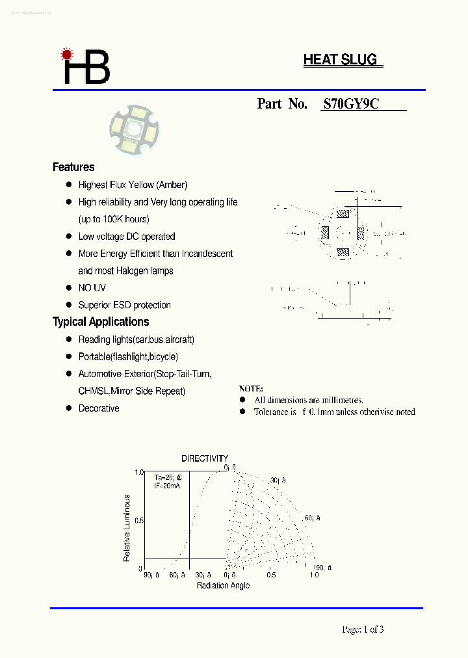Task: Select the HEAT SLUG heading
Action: pyautogui.click(x=340, y=60)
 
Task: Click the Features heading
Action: pyautogui.click(x=73, y=167)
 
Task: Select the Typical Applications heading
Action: pyautogui.click(x=101, y=322)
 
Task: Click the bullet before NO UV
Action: pyautogui.click(x=68, y=287)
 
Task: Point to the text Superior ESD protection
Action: pyautogui.click(x=125, y=305)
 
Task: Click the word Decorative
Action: pyautogui.click(x=99, y=408)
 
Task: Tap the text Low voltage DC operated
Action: pyautogui.click(x=127, y=237)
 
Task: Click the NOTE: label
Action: pyautogui.click(x=251, y=388)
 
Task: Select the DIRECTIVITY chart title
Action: pyautogui.click(x=205, y=458)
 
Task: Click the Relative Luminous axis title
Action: pyautogui.click(x=127, y=528)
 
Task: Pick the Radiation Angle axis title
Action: pyautogui.click(x=223, y=585)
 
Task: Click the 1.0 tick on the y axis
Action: pyautogui.click(x=138, y=472)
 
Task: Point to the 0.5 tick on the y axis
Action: pyautogui.click(x=138, y=521)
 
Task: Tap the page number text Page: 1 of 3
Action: pyautogui.click(x=363, y=629)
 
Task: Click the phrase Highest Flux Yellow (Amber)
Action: pyautogui.click(x=133, y=185)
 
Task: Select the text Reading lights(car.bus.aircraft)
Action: pyautogui.click(x=136, y=339)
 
